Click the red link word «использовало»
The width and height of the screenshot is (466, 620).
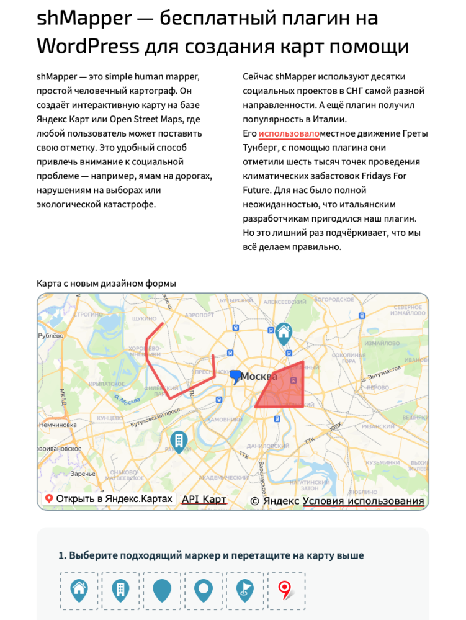click(289, 133)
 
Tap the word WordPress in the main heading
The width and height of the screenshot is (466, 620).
click(88, 46)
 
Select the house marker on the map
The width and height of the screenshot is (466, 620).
click(284, 333)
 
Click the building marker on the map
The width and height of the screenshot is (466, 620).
click(179, 441)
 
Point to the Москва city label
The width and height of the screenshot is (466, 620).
click(259, 376)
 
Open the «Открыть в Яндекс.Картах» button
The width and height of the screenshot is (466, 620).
click(108, 499)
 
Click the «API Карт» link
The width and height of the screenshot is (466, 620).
click(204, 499)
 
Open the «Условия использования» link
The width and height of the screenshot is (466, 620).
click(364, 501)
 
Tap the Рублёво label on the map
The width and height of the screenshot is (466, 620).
click(51, 336)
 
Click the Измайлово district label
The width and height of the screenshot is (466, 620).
click(381, 343)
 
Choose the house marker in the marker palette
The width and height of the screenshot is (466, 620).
click(79, 591)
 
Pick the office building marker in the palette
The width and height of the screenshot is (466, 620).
click(120, 591)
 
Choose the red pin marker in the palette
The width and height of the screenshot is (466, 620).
click(285, 591)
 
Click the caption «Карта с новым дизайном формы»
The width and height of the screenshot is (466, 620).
click(106, 283)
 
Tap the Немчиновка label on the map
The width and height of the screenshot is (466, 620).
click(57, 425)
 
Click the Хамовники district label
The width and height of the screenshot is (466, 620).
click(228, 420)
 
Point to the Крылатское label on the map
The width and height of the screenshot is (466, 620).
click(105, 384)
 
